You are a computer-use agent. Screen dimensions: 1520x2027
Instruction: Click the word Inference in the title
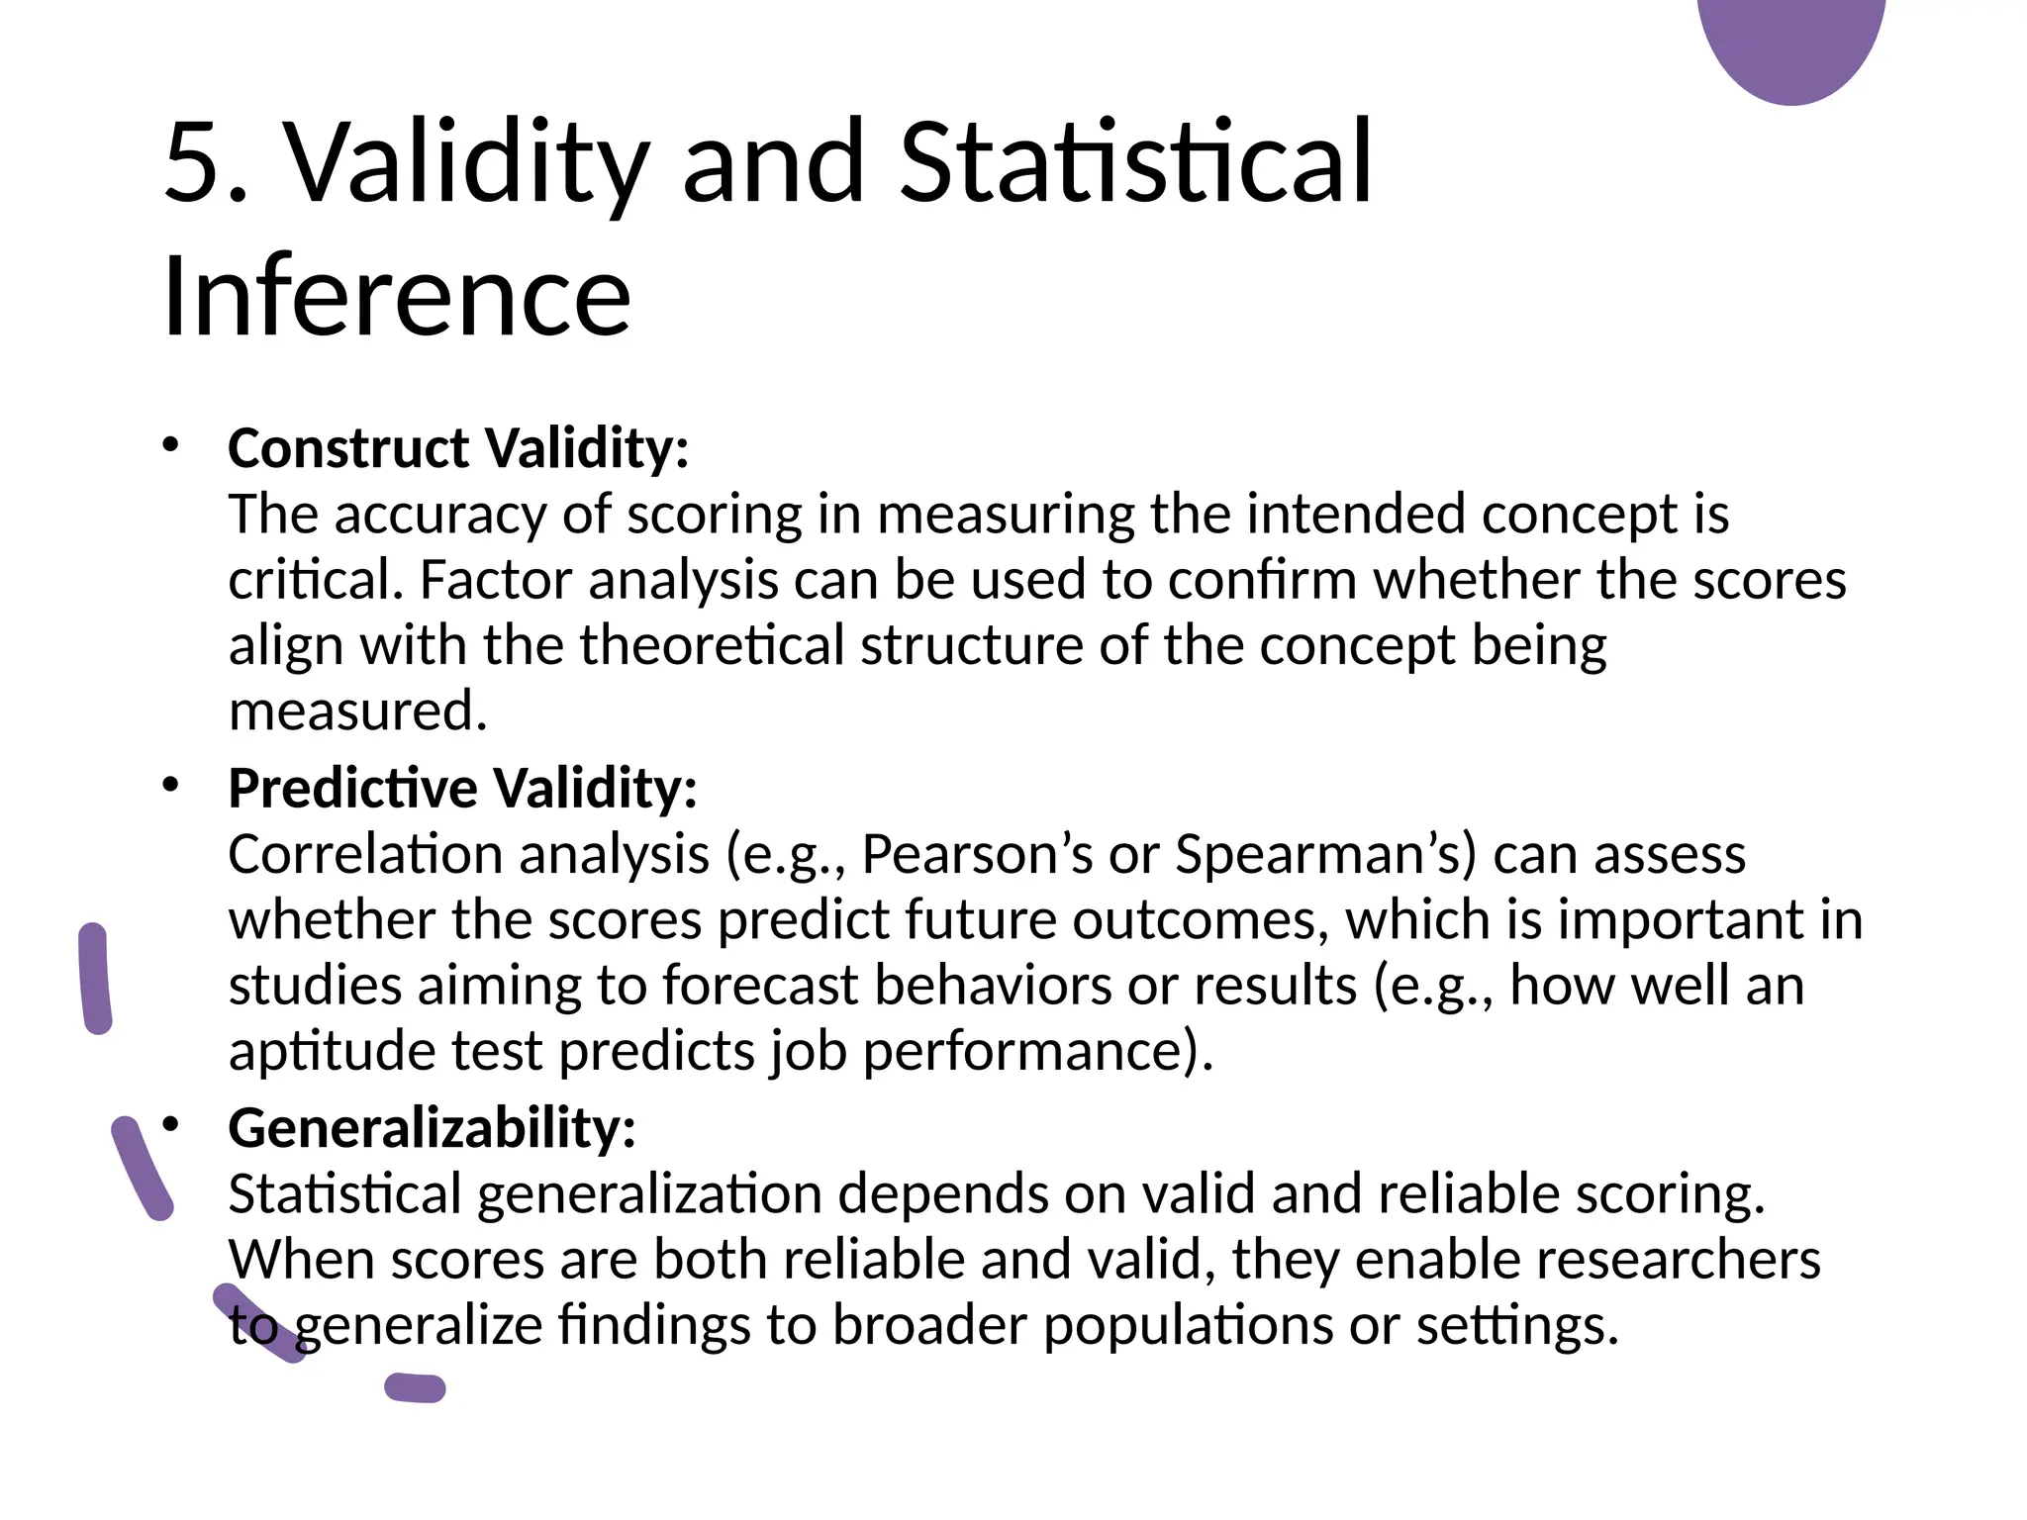(396, 296)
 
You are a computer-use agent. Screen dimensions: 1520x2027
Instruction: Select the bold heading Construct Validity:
(458, 448)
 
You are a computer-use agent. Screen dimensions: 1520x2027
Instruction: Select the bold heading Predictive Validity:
(462, 788)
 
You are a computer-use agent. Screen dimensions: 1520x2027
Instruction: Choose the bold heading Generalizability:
(432, 1127)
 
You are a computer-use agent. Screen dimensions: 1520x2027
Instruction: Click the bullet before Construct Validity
(170, 444)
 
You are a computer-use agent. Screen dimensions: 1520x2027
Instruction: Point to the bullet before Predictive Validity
(170, 785)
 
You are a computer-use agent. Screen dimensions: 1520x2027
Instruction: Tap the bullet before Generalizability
(170, 1124)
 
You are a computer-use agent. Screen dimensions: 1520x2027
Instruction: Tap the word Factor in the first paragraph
(496, 580)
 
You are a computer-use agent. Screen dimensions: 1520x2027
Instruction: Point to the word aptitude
(333, 1050)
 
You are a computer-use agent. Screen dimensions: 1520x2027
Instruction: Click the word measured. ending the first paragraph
(358, 712)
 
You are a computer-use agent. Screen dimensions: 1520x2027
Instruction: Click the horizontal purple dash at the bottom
(415, 1388)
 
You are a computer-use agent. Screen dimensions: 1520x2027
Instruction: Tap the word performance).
(1038, 1050)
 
